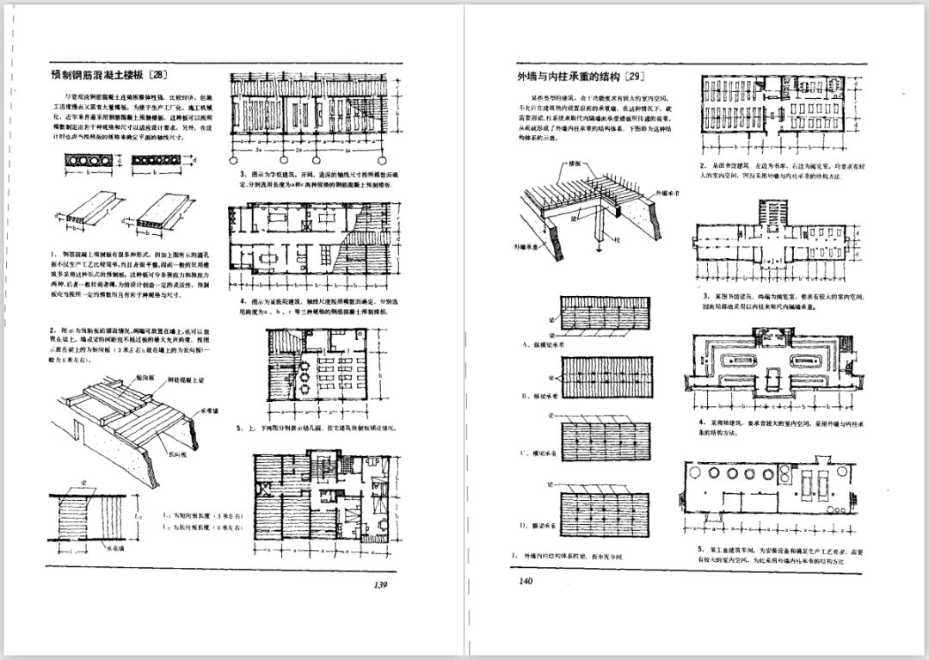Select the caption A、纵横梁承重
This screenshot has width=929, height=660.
pyautogui.click(x=541, y=343)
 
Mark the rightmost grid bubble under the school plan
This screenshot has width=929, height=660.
pyautogui.click(x=398, y=160)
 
